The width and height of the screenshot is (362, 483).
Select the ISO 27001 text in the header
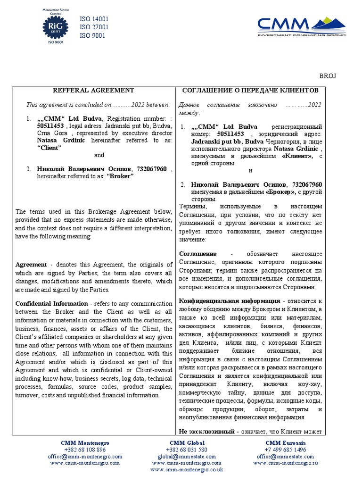click(94, 27)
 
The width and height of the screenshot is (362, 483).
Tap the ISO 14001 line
click(94, 19)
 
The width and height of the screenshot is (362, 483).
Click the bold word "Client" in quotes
click(49, 148)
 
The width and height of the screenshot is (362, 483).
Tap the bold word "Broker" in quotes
click(120, 176)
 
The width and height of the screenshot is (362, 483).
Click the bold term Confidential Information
click(51, 303)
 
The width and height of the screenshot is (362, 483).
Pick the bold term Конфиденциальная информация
click(230, 300)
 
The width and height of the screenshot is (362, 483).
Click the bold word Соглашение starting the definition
click(198, 254)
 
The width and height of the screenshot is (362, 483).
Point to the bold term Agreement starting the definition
click(31, 265)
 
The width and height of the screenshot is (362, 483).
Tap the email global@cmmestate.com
click(187, 457)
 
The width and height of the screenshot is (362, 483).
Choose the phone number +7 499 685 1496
click(286, 450)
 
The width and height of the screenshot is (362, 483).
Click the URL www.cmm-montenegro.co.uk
click(187, 470)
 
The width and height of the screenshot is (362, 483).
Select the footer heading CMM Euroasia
click(286, 443)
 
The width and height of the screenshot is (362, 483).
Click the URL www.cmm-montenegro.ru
click(286, 463)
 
